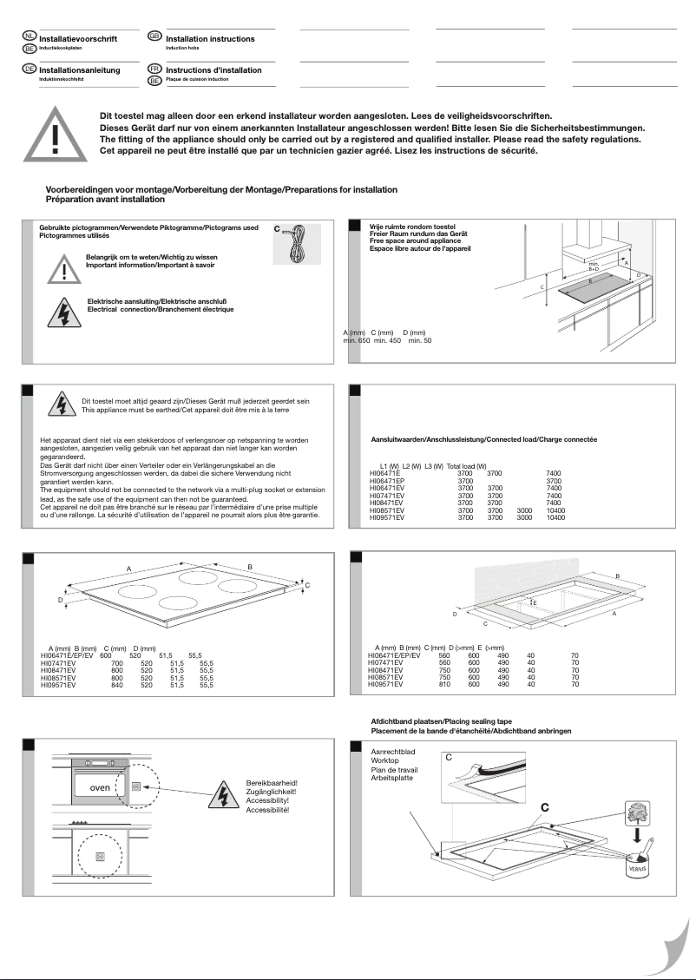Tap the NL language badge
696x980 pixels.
(x=30, y=36)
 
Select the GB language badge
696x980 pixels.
(x=155, y=36)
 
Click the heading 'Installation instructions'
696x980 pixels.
(x=210, y=39)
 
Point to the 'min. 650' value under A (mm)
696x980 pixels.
(x=357, y=340)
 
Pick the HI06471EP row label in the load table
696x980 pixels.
(x=388, y=480)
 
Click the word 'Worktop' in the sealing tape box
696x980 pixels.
(x=384, y=761)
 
